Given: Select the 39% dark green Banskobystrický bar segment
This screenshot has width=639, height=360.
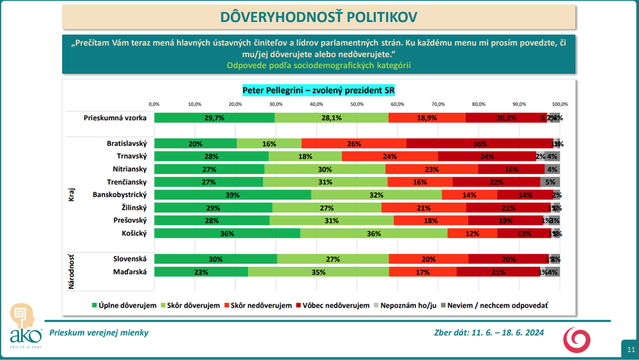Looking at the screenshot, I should (233, 195).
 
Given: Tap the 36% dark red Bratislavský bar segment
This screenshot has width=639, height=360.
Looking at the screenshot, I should (480, 144).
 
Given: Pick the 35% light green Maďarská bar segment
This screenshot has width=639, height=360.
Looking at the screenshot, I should (318, 272).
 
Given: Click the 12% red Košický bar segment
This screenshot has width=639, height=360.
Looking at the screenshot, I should (472, 233).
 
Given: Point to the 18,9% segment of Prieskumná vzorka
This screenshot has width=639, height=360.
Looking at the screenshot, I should (427, 118).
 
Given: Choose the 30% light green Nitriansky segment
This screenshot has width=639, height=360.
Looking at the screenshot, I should (325, 169).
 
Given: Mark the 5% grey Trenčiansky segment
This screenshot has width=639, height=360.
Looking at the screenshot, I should (550, 182).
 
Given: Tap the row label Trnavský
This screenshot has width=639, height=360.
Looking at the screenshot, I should (130, 157).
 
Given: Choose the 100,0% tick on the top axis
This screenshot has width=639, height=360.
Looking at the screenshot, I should (560, 104).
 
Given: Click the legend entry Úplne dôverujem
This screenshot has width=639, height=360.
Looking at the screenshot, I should (125, 306).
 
